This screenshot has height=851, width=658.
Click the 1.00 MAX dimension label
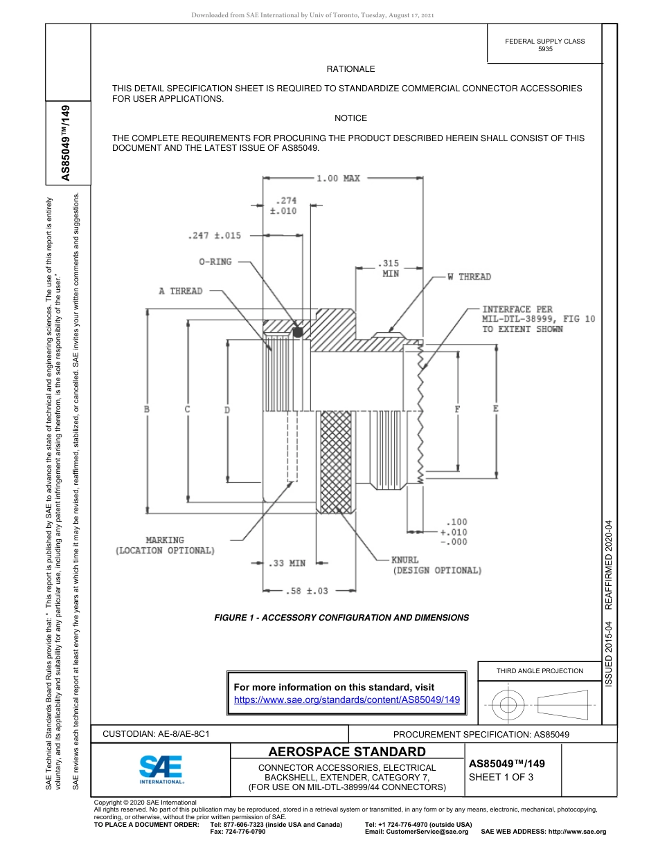(338, 179)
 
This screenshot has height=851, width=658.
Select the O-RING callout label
(215, 262)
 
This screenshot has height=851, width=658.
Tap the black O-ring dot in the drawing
(298, 333)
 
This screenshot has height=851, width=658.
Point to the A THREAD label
(180, 291)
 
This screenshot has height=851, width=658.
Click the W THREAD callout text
(468, 277)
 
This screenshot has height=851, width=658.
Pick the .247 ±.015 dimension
(214, 235)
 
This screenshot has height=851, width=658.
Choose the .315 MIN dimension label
(391, 268)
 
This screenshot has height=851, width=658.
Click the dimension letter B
(147, 410)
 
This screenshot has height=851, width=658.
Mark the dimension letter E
(496, 409)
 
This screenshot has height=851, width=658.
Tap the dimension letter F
(457, 410)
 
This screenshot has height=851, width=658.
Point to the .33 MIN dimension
(287, 563)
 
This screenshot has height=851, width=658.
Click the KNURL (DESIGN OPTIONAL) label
(436, 565)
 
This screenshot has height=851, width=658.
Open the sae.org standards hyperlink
(347, 699)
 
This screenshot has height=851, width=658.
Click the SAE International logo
(161, 769)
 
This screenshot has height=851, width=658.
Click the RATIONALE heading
(350, 69)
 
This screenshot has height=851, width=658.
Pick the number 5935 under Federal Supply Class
(545, 51)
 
